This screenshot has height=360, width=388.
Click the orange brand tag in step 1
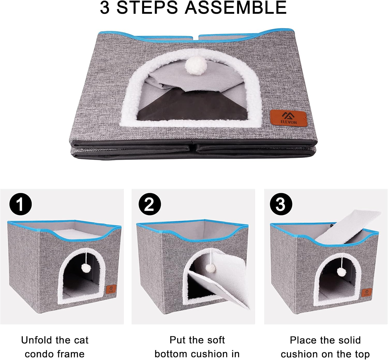(111, 289)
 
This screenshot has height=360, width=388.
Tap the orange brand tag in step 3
(367, 292)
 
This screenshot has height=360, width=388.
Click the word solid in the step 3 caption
(346, 340)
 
